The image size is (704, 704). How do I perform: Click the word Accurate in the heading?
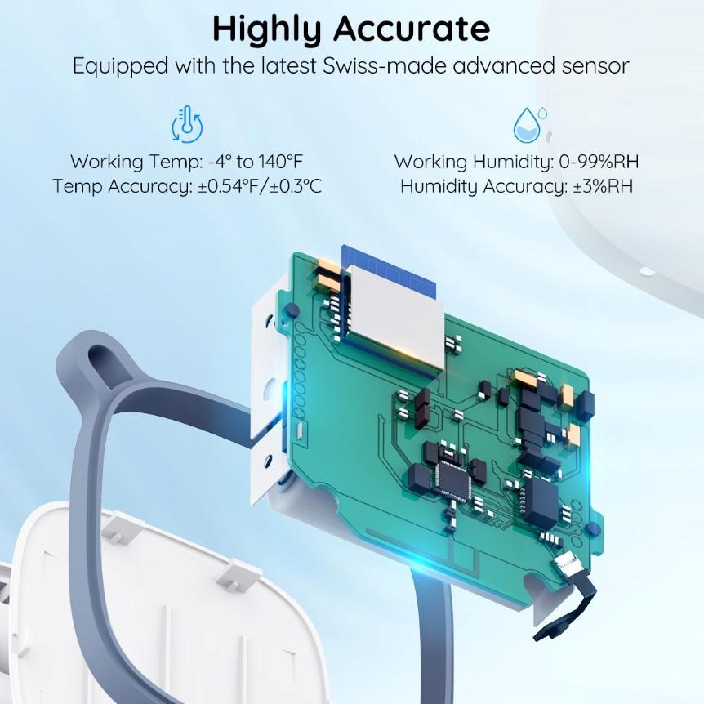[412, 29]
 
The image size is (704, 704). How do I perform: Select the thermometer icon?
[187, 124]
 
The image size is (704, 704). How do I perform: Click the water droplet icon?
[530, 124]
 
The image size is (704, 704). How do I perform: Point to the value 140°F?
[281, 162]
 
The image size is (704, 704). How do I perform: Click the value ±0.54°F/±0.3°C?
[260, 186]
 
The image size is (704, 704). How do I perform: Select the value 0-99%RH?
[599, 162]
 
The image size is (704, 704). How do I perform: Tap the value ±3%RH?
[603, 186]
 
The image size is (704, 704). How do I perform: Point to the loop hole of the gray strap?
[101, 363]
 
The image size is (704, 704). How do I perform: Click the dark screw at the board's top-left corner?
[292, 310]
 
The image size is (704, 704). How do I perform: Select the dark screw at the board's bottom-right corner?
[592, 528]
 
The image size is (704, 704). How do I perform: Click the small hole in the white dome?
[647, 272]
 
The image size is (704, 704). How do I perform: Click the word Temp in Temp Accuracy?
[78, 187]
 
